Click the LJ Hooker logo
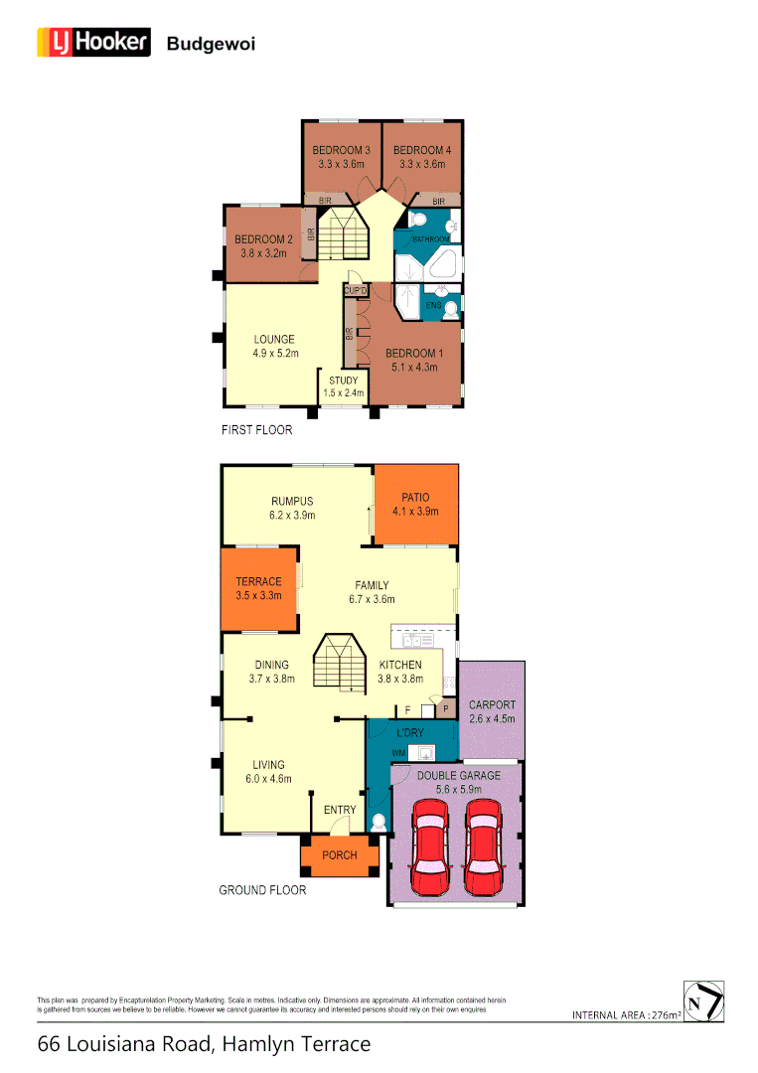point(93,42)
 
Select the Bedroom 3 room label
point(342,150)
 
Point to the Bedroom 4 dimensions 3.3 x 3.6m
point(422,164)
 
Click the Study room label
point(344,381)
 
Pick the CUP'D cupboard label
point(356,290)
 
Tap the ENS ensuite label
point(434,305)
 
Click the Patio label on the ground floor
point(415,498)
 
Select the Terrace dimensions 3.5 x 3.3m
point(258,596)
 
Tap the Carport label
point(492,705)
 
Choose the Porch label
point(340,854)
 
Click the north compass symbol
point(704,999)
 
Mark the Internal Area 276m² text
point(627,1015)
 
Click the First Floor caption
point(256,431)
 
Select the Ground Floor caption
point(262,890)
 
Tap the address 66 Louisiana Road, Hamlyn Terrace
point(204,1044)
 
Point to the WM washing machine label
point(397,753)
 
